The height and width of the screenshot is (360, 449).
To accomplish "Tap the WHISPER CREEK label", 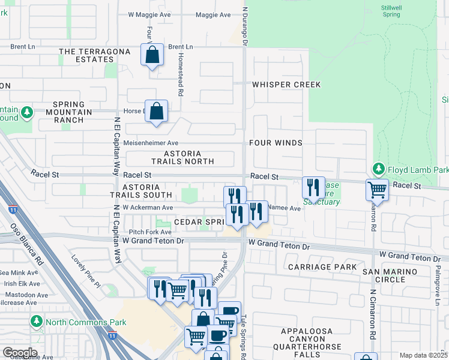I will (286, 85).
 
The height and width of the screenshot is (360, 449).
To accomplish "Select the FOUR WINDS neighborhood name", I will (276, 143).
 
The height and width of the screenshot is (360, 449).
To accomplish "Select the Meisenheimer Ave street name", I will (151, 143).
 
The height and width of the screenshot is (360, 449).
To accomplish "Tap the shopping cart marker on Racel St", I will (377, 190).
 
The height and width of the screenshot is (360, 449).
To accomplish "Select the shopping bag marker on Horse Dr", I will (156, 111).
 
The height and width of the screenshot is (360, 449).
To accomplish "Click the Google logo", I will (20, 353).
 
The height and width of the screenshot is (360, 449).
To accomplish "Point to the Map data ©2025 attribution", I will (423, 355).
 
